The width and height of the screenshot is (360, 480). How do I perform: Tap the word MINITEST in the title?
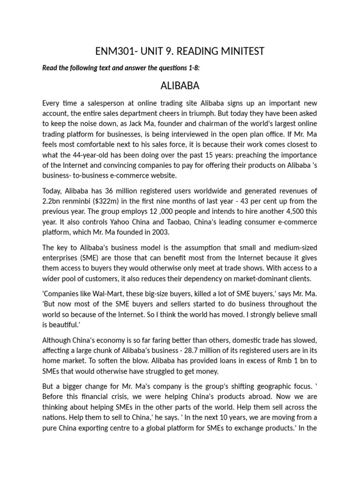(238, 51)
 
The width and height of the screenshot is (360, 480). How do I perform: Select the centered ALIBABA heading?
(180, 86)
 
